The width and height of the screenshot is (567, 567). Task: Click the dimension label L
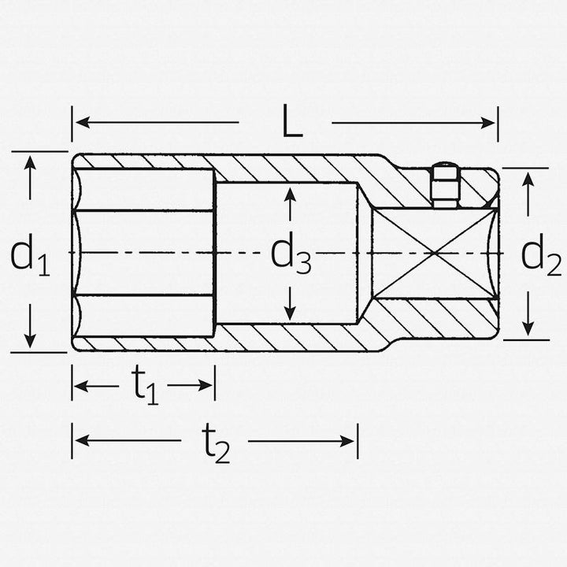tap(292, 123)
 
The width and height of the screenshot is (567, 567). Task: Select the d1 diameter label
tap(30, 256)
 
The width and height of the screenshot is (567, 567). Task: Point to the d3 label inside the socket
tap(291, 254)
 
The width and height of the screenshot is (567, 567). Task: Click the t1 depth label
tap(144, 386)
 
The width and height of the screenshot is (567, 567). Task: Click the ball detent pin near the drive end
tap(446, 187)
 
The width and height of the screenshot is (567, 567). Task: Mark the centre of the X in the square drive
tap(434, 254)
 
